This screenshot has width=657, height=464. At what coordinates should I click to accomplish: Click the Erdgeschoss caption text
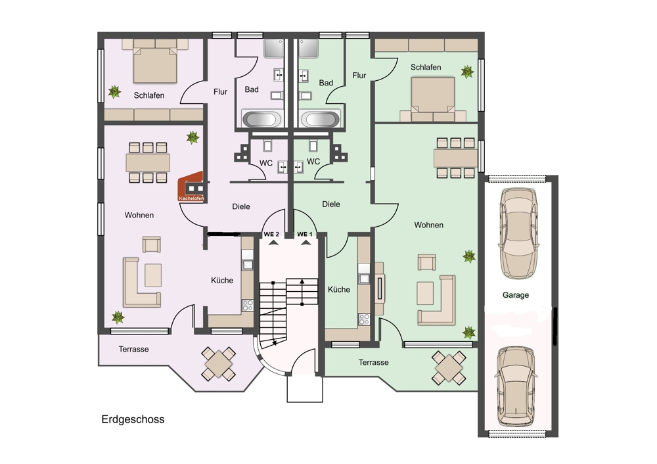click(133, 419)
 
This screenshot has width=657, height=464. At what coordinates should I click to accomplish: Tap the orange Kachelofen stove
click(191, 187)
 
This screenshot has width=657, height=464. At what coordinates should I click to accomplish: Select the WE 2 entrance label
click(271, 234)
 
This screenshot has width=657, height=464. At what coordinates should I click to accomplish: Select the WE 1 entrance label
click(305, 234)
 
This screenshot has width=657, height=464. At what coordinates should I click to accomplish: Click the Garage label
click(515, 295)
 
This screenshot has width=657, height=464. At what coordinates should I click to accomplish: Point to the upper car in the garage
click(518, 233)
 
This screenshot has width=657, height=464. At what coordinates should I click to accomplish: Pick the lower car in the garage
click(516, 386)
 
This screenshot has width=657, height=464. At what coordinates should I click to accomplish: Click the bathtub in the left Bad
click(262, 118)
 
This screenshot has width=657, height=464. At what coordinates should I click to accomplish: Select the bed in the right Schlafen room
click(433, 99)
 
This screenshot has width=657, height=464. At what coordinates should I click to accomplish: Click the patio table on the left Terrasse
click(218, 363)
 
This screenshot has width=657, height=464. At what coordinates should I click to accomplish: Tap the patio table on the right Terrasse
click(449, 367)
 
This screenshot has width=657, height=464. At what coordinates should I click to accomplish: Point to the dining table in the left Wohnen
click(148, 162)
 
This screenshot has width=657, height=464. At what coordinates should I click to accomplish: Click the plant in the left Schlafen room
click(114, 91)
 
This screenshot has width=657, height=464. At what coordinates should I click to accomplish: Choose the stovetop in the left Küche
click(248, 305)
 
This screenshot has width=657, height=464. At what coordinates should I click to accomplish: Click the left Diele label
click(241, 206)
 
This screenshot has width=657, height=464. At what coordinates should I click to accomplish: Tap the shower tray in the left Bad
click(274, 48)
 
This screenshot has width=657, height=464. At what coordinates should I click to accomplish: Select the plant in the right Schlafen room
click(467, 72)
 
